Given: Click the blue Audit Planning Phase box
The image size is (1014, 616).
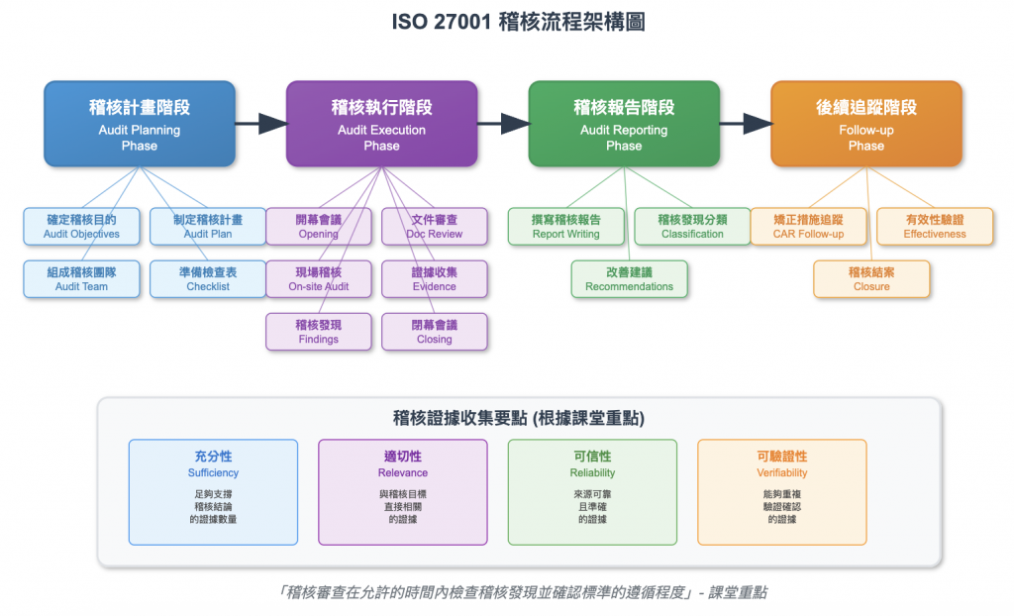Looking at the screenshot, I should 140,123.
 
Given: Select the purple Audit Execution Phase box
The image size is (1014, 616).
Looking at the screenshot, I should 381,123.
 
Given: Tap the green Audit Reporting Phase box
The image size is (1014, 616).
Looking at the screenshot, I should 624,123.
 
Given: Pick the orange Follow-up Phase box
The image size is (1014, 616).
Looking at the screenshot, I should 865,123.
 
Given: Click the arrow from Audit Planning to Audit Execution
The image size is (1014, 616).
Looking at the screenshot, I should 260,123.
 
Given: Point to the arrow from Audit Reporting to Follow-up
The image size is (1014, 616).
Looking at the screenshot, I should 745,123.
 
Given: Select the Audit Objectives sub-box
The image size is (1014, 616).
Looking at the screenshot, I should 81,226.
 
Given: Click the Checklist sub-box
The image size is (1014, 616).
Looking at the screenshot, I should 208,278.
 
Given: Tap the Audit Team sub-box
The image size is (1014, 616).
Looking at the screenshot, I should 81,278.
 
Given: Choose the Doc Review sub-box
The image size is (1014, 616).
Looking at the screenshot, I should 434,226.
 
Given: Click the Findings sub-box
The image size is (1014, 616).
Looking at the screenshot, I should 318,331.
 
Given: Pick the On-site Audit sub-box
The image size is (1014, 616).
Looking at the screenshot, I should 318,278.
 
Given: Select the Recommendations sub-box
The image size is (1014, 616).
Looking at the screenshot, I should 629,278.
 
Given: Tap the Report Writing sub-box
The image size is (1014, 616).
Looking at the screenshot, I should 565,226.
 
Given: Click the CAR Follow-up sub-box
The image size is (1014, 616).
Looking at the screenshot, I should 808,226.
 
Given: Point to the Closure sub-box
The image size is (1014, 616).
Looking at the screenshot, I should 871,278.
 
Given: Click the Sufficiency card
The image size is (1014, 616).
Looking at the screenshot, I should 213,491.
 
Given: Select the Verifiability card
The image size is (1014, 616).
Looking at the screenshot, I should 781,491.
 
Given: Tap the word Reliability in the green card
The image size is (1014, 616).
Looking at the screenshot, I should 592,473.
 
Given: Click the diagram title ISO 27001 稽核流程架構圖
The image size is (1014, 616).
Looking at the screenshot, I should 507,22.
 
